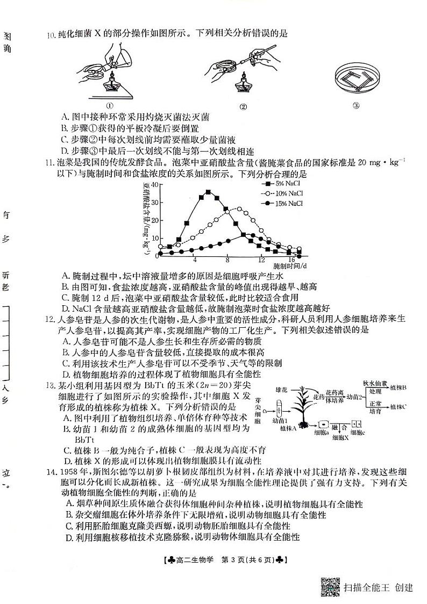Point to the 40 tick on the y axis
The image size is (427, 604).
point(155,184)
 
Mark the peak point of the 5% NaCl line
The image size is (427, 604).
point(208,192)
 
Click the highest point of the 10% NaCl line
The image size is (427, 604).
point(239,208)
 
